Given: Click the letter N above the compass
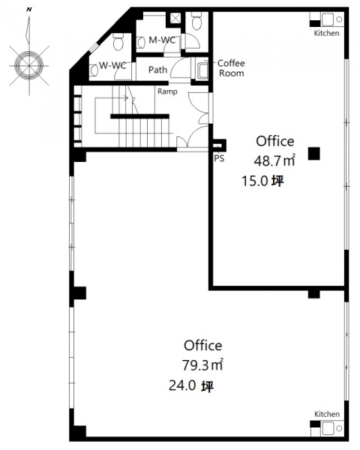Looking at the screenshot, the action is pos(29,10).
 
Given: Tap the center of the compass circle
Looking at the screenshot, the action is pos(29,65).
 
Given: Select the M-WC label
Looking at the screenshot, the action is pos(162,40).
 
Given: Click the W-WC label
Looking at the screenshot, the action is pos(112,65).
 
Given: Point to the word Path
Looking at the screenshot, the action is pos(157,70).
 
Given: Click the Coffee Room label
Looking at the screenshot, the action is pos(231,68).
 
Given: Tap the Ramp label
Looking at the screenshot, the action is pos(168,91).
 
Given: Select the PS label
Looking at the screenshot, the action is pos(219,158).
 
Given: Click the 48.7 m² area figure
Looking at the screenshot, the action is pos(274,160).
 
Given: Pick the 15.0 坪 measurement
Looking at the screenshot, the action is pos(262,181).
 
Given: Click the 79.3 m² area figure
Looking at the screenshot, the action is pos(202,365).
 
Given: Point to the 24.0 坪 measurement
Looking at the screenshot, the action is pos(191,385).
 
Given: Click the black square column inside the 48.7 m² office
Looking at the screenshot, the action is pos(314,154).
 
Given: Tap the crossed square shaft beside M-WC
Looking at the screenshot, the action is pos(175,18).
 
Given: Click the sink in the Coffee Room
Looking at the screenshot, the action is pos(203,70).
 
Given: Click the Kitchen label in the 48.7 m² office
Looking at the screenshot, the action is pos(327,33).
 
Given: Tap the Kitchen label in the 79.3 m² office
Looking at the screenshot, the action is pos(327,414).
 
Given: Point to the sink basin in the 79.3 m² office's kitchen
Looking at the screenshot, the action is pos(327,428).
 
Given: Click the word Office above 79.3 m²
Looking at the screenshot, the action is pos(203,346).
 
